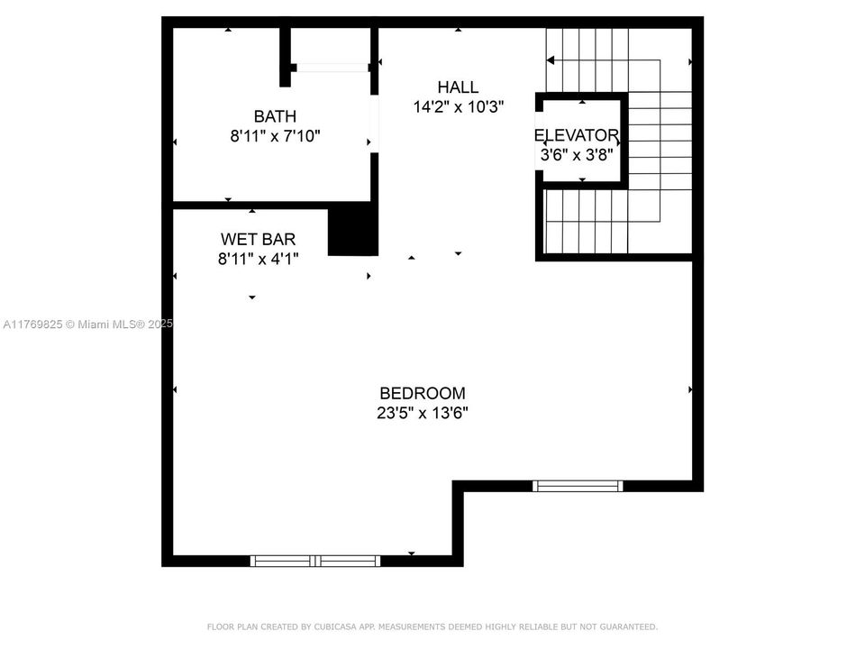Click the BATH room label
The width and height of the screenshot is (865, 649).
tap(275, 116)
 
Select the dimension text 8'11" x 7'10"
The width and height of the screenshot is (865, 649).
tap(275, 136)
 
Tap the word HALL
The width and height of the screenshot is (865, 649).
tap(458, 87)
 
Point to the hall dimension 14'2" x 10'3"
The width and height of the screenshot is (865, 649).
tap(458, 106)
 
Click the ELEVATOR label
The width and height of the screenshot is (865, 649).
tap(577, 136)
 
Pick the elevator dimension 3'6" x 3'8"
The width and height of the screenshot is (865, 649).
tap(577, 155)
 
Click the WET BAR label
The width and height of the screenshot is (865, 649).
tap(258, 240)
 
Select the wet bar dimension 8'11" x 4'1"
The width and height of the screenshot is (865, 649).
tap(258, 259)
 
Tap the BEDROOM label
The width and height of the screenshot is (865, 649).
tap(423, 394)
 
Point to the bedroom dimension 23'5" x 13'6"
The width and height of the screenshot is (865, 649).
tap(423, 414)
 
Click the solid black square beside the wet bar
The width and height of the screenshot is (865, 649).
tap(351, 229)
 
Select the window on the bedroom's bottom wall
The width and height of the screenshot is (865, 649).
tap(315, 561)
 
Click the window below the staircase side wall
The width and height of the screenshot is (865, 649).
tap(578, 486)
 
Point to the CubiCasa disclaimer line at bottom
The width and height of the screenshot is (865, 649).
tap(432, 626)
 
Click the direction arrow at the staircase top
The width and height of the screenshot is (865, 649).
tap(551, 60)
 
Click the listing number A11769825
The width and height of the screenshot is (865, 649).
tap(33, 324)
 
